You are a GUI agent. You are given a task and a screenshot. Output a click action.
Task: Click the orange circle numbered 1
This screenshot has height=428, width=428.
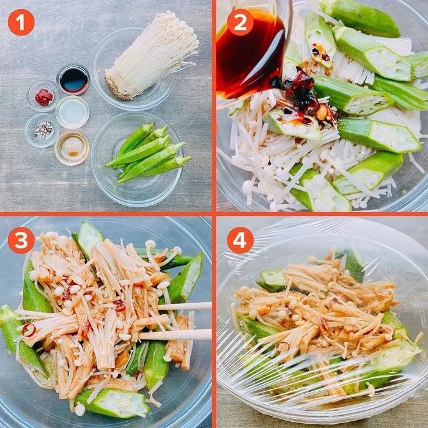click(21, 23)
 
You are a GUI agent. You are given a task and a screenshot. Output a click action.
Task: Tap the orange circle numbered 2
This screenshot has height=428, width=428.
click(240, 23)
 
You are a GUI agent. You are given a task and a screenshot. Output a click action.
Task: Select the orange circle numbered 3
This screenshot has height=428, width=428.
click(21, 240)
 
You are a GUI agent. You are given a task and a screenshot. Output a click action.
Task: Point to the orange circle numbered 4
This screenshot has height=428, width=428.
click(240, 240)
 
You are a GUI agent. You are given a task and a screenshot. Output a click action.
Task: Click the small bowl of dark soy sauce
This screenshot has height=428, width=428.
click(73, 79)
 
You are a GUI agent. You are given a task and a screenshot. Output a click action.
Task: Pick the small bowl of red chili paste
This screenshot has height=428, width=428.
click(43, 97)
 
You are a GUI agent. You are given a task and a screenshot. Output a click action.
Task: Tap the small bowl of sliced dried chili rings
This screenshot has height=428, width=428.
click(42, 130)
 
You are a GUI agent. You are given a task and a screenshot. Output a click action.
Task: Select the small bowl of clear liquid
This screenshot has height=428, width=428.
click(72, 112)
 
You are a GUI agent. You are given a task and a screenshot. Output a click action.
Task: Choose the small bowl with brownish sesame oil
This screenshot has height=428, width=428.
click(72, 148)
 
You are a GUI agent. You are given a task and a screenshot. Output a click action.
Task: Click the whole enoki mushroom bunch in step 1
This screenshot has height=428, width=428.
click(150, 56)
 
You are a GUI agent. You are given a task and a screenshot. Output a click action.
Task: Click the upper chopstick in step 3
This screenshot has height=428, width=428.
click(185, 306)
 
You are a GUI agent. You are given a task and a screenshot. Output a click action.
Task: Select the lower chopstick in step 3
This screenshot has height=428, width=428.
click(175, 334)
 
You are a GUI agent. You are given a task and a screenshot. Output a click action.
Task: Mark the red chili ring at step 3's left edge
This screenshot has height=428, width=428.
click(29, 330)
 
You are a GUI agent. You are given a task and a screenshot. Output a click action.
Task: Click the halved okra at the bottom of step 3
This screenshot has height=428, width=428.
click(112, 402)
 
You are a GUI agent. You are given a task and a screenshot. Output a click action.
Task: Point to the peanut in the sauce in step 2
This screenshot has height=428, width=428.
click(322, 113)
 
